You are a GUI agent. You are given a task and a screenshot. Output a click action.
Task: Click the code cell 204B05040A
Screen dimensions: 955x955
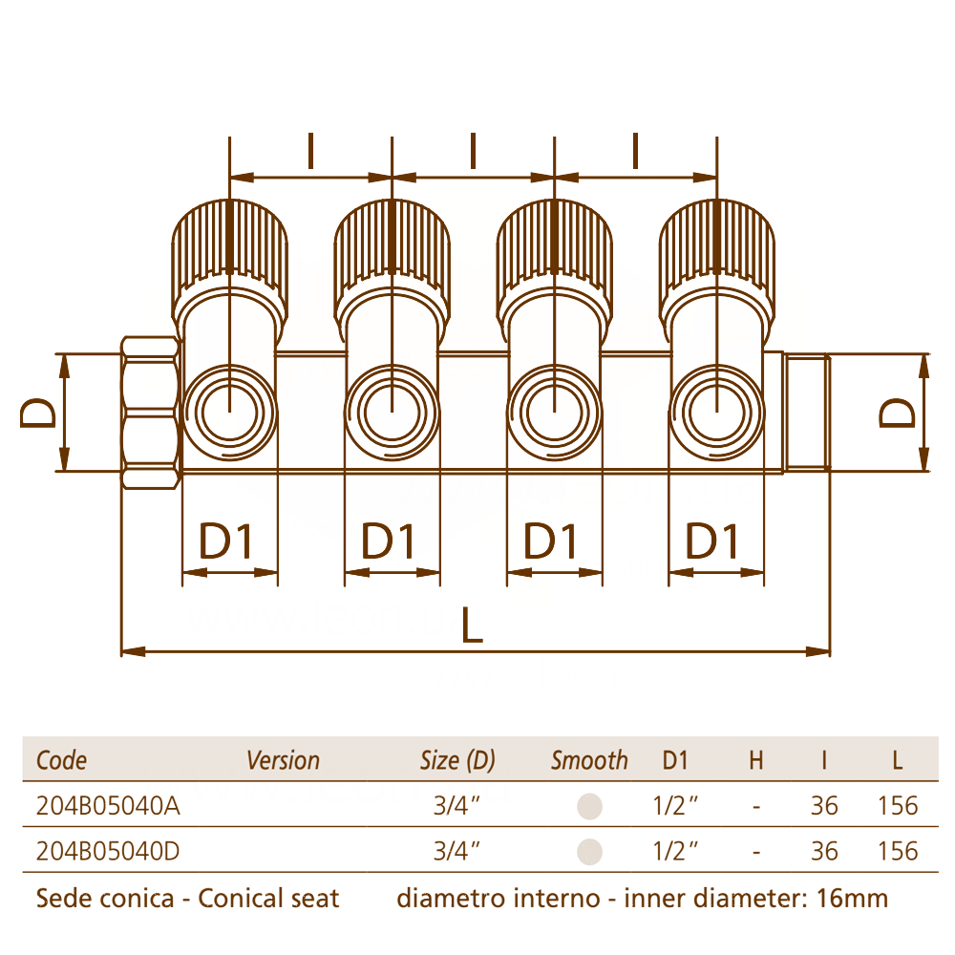(x=108, y=805)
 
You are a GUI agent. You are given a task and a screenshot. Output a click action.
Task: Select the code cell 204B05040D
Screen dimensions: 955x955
(x=108, y=851)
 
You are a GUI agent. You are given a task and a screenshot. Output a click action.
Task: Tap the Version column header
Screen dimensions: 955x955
(x=283, y=760)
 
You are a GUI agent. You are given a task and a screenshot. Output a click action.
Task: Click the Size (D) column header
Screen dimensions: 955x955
(x=457, y=760)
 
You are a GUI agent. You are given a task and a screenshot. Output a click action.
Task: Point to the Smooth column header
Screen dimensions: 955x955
(x=589, y=760)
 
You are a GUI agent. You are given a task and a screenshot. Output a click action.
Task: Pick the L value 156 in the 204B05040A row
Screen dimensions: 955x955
(x=897, y=805)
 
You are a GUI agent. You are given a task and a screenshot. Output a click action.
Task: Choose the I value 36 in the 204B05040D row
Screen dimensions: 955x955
(x=824, y=851)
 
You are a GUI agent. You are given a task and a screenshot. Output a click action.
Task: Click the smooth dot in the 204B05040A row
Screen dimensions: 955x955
(x=589, y=806)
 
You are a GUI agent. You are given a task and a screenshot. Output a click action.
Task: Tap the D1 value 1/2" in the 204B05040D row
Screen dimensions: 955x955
(x=675, y=851)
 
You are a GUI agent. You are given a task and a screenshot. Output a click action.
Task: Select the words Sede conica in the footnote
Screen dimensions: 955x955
(x=105, y=898)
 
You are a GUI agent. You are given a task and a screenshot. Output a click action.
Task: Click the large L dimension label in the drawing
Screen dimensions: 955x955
(x=472, y=625)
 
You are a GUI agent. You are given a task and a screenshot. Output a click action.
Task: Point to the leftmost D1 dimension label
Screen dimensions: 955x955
(x=225, y=541)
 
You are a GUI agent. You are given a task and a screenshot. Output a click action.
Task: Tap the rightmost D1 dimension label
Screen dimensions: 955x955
(x=711, y=541)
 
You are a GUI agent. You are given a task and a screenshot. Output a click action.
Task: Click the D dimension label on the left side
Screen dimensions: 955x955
(x=38, y=413)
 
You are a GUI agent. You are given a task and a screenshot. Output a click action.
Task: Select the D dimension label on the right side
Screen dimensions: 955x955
(x=897, y=413)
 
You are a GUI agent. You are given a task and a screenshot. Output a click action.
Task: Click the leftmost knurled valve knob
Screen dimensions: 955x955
(x=229, y=249)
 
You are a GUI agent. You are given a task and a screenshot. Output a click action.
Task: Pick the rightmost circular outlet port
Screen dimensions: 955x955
(x=716, y=413)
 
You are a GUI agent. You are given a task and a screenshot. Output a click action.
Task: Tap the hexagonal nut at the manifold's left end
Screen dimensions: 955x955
(x=151, y=413)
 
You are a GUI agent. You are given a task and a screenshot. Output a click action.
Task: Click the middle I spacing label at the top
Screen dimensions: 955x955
(x=473, y=150)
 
